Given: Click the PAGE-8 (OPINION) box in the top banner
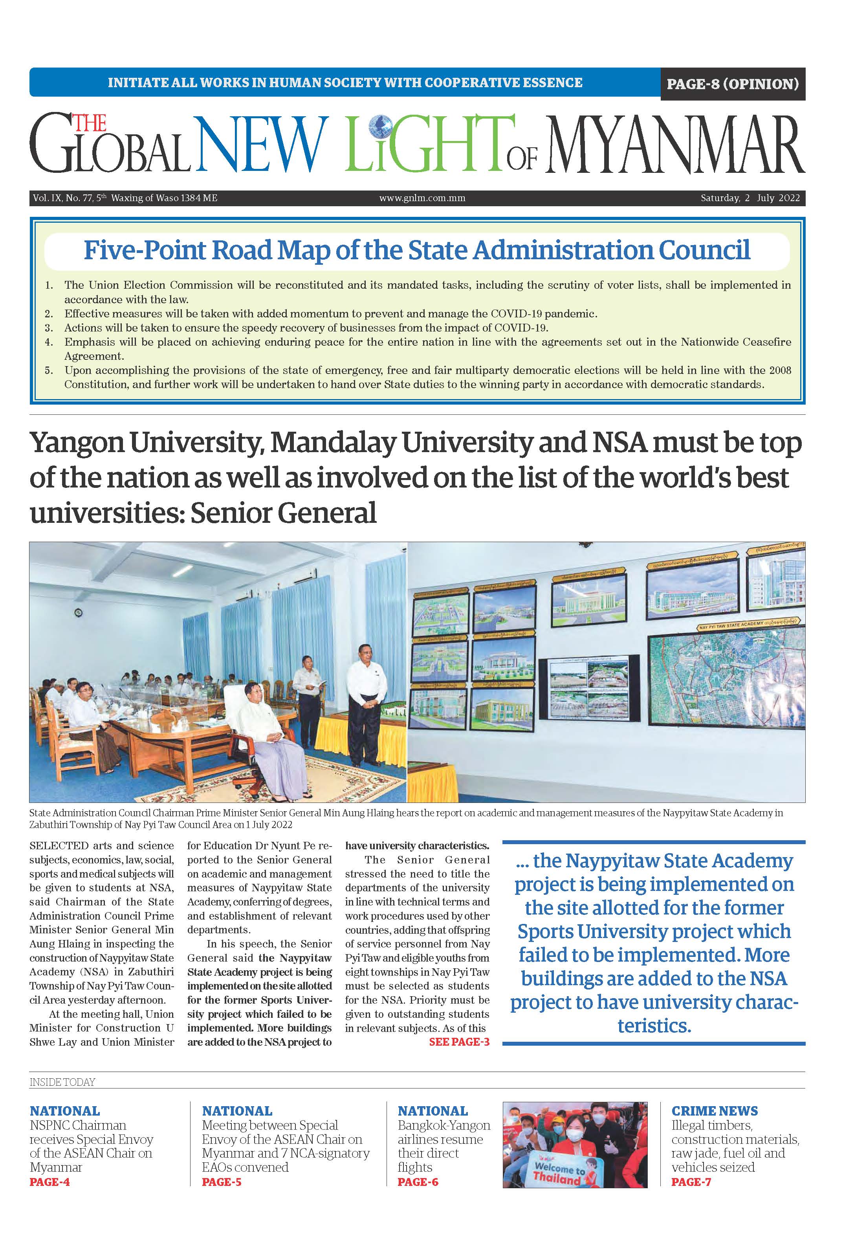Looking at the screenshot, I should pos(732,84).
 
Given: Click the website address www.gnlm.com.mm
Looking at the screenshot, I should pos(422,198).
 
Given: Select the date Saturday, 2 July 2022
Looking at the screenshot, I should pos(750,198).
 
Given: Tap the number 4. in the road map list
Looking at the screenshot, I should pos(49,342).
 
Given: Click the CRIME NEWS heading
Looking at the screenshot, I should pos(715,1111).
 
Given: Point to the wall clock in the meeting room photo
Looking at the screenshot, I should pos(79,612).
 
